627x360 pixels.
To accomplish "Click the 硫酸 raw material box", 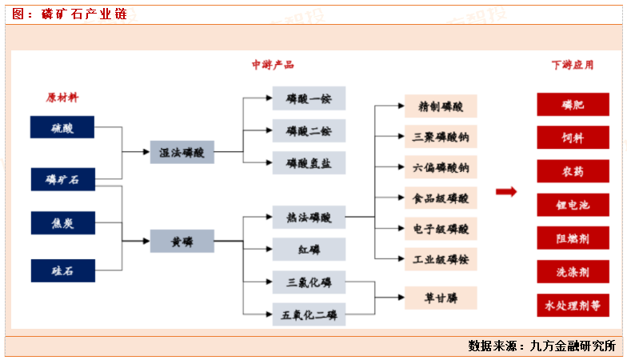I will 62,127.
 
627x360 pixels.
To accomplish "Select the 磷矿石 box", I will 62,180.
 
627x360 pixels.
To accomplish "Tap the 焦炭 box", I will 62,223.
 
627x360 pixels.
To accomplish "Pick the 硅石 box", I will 62,270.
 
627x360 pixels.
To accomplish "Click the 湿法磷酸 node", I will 182,152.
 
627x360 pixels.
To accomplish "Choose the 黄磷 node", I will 182,240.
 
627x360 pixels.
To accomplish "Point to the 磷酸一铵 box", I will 309,98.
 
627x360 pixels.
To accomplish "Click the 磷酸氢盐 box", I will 309,162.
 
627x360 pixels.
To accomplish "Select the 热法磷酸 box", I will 309,216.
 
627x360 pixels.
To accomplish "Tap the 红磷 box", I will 309,249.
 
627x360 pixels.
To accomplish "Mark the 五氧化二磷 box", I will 309,314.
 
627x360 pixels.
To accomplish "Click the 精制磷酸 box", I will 441,106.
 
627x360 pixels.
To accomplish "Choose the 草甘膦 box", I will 441,298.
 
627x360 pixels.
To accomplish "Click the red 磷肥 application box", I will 573,105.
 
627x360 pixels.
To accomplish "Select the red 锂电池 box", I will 573,205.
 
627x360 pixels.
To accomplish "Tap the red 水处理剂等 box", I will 573,305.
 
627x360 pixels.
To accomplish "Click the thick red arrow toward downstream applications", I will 505,191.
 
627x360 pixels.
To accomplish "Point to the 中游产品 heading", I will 273,65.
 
